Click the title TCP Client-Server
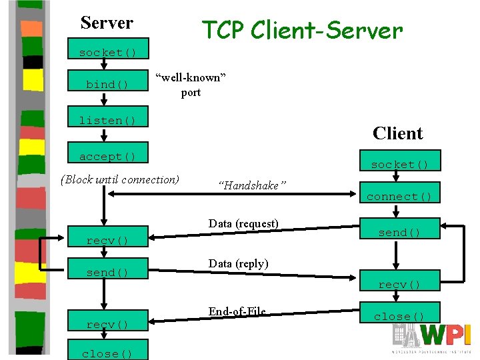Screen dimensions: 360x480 (x=302, y=30)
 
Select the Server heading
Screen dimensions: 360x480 (x=107, y=23)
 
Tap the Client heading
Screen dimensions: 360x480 (x=398, y=133)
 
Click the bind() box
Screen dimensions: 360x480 (x=107, y=84)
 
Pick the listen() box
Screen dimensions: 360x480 (x=107, y=120)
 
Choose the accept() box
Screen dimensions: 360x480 (x=107, y=156)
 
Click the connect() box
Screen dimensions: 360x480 (x=399, y=196)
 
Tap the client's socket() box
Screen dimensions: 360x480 (x=399, y=164)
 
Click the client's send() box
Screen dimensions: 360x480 (x=399, y=232)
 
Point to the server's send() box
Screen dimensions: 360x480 (x=107, y=272)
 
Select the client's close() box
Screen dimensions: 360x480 (x=399, y=316)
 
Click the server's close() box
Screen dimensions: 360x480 (x=107, y=353)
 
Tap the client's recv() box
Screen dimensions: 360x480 (x=399, y=284)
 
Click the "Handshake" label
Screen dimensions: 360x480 (x=253, y=186)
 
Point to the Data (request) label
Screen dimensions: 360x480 (x=243, y=223)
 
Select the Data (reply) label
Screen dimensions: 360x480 (x=239, y=263)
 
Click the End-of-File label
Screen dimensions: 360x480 (x=237, y=311)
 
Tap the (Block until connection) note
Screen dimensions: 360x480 (x=120, y=179)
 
